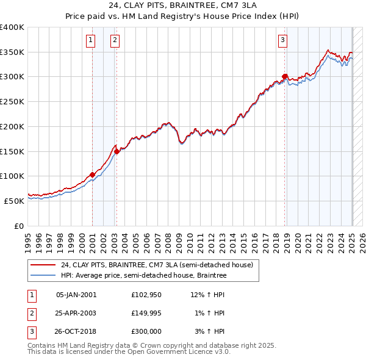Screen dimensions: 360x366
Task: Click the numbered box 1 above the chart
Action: (90, 41)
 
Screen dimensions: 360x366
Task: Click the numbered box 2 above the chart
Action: (115, 41)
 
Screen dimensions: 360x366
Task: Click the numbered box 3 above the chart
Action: (283, 41)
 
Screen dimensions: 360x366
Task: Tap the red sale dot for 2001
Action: (92, 175)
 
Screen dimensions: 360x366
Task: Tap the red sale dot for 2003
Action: (117, 151)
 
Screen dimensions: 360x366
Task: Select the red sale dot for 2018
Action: (284, 76)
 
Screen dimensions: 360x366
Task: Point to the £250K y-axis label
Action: (12, 101)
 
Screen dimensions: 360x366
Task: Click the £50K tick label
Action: (14, 200)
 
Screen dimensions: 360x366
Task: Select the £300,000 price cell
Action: (146, 331)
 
